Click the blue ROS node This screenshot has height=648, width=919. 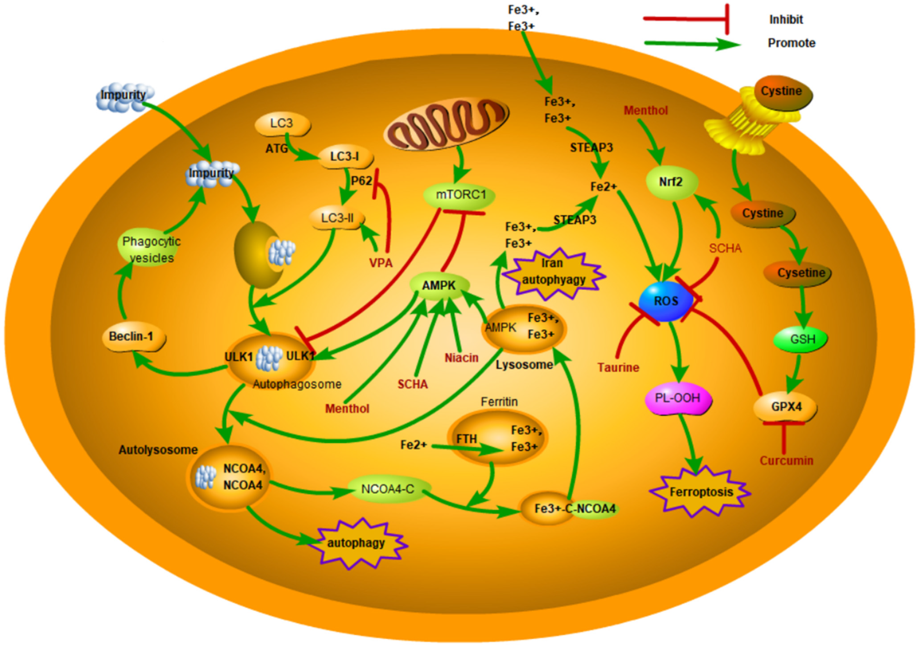click(x=666, y=301)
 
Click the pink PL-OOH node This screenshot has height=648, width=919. click(x=678, y=398)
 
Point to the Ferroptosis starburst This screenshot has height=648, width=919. click(x=700, y=492)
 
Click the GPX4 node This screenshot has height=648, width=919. click(x=786, y=407)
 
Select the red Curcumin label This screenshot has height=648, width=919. click(x=786, y=461)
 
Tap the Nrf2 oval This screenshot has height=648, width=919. click(x=671, y=182)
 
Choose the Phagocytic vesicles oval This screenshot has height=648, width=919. click(x=151, y=250)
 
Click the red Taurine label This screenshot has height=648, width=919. click(x=618, y=367)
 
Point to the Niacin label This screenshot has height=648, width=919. click(x=462, y=358)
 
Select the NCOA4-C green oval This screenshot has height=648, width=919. click(x=387, y=489)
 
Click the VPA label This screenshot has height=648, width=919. click(x=381, y=263)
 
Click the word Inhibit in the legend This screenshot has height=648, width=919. click(x=786, y=19)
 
